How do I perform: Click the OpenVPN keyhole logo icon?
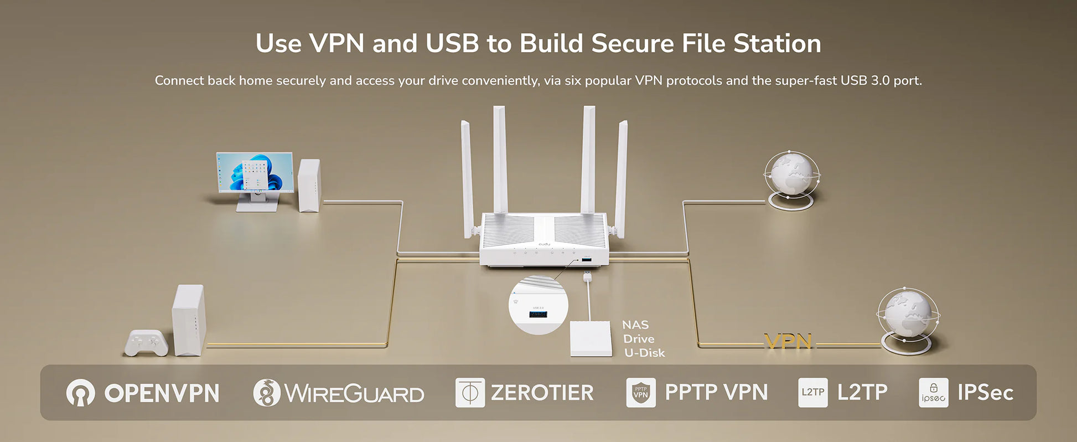click(x=80, y=393)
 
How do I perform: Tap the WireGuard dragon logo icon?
click(x=266, y=393)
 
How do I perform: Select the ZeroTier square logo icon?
click(x=470, y=393)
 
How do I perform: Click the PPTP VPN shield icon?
click(x=640, y=393)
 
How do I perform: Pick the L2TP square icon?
click(x=812, y=393)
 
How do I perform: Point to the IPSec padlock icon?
click(x=933, y=393)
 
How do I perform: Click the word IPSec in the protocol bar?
click(x=985, y=393)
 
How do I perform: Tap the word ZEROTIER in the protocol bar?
click(x=542, y=393)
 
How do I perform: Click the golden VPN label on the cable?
click(x=788, y=342)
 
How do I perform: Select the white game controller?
click(x=146, y=343)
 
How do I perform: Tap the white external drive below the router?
click(x=591, y=338)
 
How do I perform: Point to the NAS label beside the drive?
click(x=635, y=325)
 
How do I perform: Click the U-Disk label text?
click(x=644, y=353)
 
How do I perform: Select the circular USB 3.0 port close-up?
click(x=538, y=306)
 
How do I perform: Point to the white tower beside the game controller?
click(x=189, y=320)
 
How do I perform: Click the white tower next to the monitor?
click(x=309, y=185)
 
